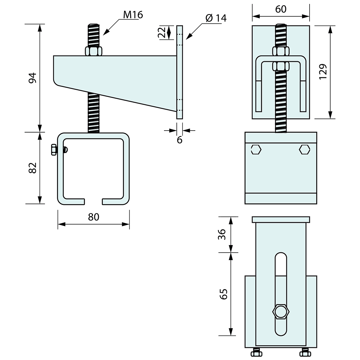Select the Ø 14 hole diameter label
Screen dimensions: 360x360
[216, 18]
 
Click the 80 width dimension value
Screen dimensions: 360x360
[94, 217]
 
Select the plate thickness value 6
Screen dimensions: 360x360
[180, 140]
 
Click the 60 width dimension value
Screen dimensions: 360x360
[281, 9]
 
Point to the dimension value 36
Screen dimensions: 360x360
[222, 234]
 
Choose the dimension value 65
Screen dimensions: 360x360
[224, 294]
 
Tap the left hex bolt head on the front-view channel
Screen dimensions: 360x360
[256, 150]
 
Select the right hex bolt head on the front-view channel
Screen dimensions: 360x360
[304, 150]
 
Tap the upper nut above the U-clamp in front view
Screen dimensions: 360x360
[281, 51]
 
